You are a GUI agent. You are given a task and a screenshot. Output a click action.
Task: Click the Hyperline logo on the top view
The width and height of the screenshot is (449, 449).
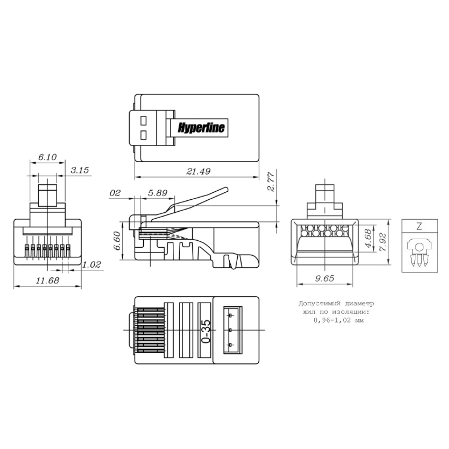[201, 128]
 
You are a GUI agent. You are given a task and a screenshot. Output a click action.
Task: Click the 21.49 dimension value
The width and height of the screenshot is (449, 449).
[198, 172]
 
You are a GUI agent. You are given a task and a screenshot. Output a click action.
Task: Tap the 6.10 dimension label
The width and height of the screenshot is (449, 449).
[47, 157]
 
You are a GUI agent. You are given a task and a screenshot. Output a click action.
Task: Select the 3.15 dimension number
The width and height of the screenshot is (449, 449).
[80, 170]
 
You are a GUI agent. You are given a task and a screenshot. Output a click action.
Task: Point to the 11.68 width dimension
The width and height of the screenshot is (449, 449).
[48, 280]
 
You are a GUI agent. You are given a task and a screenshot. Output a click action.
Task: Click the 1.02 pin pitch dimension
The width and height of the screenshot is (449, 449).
[92, 265]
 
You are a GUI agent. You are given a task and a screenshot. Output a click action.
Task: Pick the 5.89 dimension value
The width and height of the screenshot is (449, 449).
[157, 193]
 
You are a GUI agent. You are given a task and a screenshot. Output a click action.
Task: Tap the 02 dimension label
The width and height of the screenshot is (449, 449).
[115, 193]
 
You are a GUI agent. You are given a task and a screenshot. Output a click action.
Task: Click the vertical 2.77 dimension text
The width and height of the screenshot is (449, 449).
[271, 182]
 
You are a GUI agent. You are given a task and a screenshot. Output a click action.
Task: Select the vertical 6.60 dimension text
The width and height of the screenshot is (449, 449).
[117, 241]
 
